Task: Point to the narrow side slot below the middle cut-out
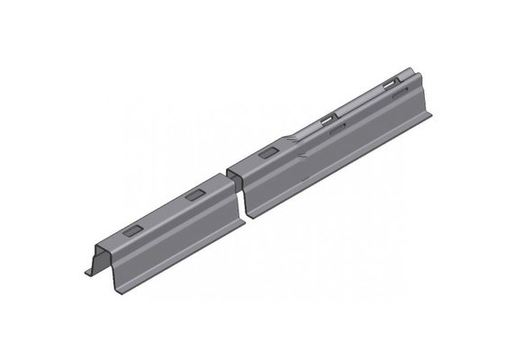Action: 338,130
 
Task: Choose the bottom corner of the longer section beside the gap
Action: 256,216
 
